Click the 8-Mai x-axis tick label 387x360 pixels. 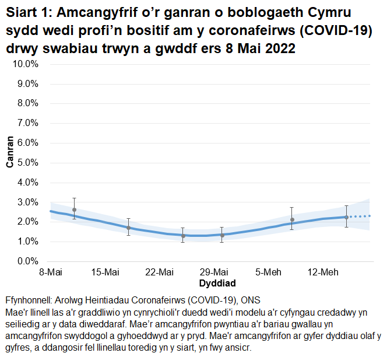coord(51,272)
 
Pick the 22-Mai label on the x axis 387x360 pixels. coord(160,272)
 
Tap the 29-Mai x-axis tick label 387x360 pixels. coord(214,272)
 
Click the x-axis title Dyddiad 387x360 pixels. coord(217,284)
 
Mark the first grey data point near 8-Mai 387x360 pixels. coord(74,209)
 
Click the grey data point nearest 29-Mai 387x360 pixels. coord(222,235)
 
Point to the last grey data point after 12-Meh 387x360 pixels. coord(346,217)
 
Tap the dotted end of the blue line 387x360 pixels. coord(361,216)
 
